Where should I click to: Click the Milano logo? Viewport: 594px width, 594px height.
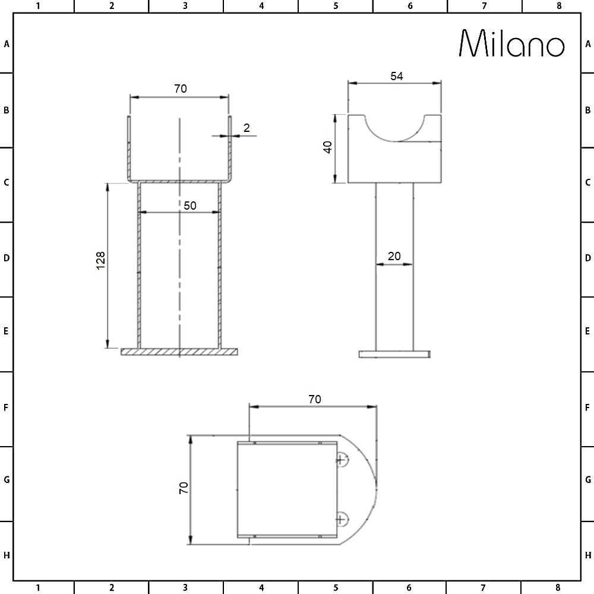click(512, 45)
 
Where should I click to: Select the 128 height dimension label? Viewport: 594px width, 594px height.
click(100, 260)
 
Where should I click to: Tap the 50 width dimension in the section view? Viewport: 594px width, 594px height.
click(190, 205)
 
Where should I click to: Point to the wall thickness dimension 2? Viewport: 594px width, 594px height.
click(247, 127)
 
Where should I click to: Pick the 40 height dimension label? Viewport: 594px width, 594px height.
click(326, 147)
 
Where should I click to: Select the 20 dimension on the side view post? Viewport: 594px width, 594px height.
click(394, 256)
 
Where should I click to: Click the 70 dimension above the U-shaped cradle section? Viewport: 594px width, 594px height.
click(181, 89)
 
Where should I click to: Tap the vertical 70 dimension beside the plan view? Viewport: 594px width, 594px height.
click(184, 488)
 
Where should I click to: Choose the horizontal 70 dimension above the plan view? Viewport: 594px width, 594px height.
click(314, 399)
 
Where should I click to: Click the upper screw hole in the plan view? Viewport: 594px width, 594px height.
click(341, 459)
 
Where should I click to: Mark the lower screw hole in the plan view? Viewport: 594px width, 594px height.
click(341, 520)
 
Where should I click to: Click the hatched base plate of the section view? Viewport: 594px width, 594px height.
click(179, 352)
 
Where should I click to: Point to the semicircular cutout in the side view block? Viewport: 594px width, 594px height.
click(394, 127)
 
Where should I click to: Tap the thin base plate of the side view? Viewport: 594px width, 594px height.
click(394, 354)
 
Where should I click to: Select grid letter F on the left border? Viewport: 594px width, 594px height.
click(7, 408)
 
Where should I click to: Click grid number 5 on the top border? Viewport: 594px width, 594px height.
click(336, 6)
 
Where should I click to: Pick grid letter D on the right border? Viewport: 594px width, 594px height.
click(587, 258)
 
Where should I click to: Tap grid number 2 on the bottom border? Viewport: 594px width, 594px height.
click(111, 588)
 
